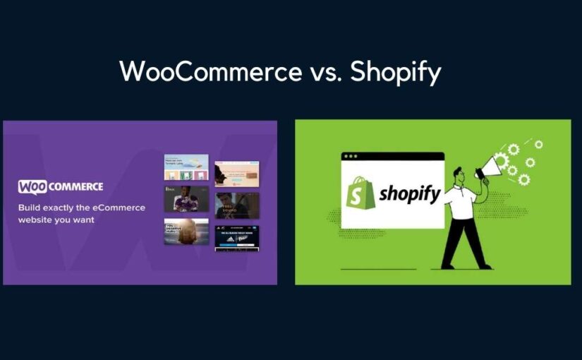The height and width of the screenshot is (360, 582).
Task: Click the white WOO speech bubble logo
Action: [x=37, y=187]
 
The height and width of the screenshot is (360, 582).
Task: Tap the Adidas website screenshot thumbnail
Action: [x=236, y=238]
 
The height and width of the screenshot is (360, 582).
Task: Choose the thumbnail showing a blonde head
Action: [x=186, y=231]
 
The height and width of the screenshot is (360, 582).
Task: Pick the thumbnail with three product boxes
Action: [x=186, y=167]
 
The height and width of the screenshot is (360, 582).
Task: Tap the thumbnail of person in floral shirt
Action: [x=186, y=198]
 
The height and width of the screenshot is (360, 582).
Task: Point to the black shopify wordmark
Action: [x=408, y=193]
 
